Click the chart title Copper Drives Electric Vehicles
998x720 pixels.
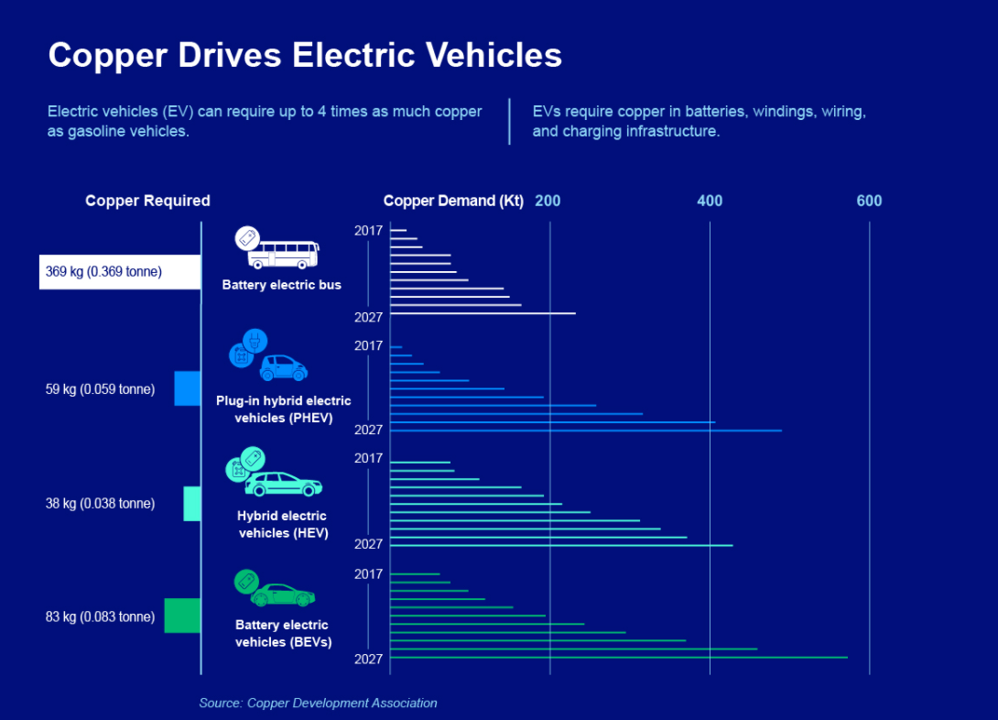305,55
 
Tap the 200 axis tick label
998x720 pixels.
548,202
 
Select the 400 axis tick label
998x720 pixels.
710,202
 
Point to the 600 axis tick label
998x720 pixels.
869,202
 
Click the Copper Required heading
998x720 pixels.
147,201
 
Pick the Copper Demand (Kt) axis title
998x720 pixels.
453,202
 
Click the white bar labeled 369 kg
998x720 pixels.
120,272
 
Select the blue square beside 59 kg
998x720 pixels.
187,388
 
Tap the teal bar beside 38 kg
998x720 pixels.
192,504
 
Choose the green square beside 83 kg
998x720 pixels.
182,616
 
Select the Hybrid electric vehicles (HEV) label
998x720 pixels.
282,525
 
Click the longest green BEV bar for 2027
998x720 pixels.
619,657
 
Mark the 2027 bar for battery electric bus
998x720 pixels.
483,313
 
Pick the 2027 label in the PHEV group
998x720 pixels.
368,430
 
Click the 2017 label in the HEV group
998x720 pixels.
368,458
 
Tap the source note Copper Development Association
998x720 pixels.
319,703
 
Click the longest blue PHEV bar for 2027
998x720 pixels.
586,431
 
